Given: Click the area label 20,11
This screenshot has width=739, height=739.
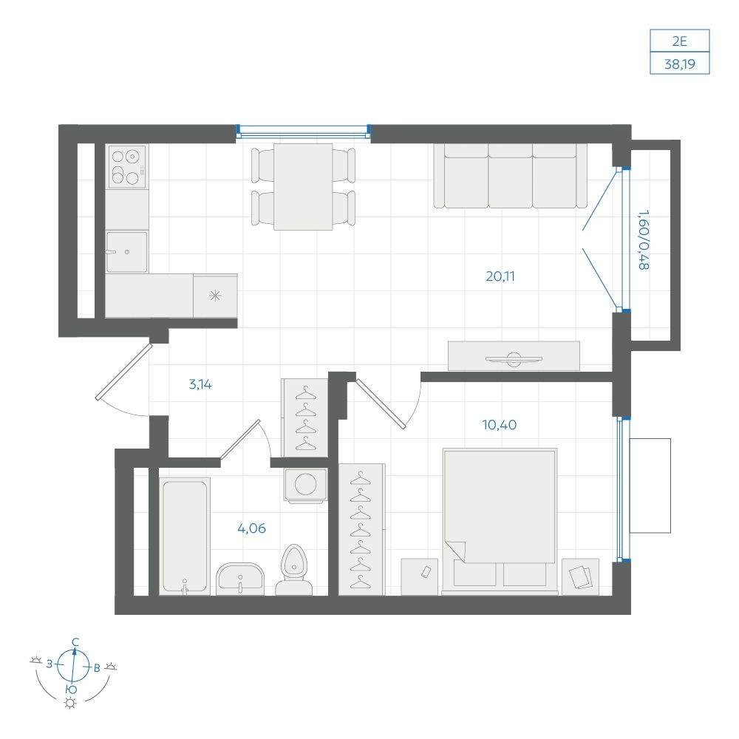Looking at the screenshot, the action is (x=500, y=276).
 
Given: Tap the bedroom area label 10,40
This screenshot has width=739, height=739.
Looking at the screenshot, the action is (x=499, y=425).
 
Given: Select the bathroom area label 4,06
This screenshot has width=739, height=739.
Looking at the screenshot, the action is (x=252, y=528).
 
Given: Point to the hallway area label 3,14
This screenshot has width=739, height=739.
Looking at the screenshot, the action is (x=200, y=384).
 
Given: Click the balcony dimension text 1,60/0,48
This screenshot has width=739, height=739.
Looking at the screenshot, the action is (x=644, y=240).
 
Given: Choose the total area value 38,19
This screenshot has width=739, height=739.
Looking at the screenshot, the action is (x=680, y=64).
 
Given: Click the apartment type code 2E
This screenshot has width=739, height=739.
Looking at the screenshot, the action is (x=680, y=41).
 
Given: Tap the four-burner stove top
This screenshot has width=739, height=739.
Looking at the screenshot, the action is (x=127, y=166).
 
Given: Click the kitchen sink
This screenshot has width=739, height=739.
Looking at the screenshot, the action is (x=126, y=252).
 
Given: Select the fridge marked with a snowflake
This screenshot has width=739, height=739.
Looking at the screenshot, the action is (x=215, y=296).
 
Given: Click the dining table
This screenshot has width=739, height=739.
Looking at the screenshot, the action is (x=303, y=187).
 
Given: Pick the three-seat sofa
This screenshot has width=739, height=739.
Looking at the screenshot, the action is (x=511, y=175).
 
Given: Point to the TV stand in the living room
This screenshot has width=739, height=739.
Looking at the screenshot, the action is (x=514, y=356).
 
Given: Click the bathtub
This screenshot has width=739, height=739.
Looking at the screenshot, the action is (x=185, y=536).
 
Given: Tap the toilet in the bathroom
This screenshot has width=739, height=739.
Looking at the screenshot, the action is (x=293, y=571).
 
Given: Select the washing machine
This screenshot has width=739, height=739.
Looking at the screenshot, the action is (x=305, y=485).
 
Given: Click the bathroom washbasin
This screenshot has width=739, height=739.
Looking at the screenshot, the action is (x=240, y=579).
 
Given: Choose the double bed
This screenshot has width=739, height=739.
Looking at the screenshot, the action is (x=500, y=521).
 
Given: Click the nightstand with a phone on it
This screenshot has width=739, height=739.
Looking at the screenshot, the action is (x=420, y=576).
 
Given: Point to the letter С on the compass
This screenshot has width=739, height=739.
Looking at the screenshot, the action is (x=75, y=642).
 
